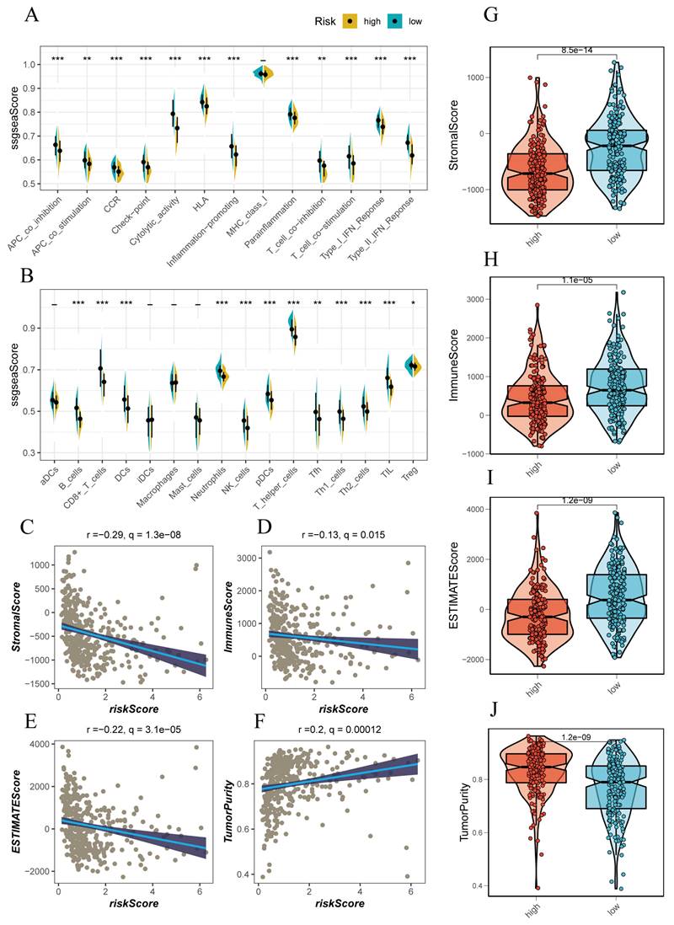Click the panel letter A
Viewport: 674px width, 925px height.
coord(32,16)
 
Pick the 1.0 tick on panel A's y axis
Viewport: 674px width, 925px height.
coord(31,65)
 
